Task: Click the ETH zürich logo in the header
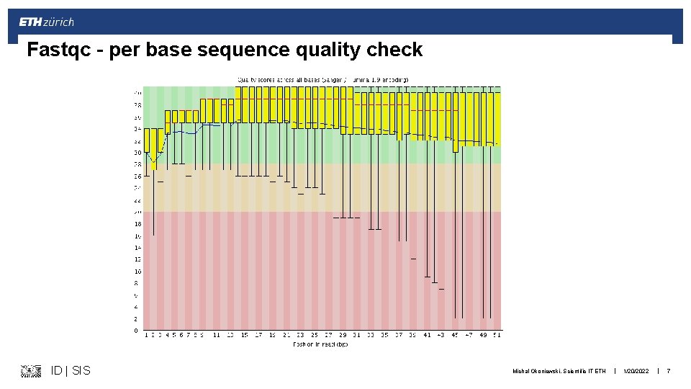coord(46,22)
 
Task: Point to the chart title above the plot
coord(323,79)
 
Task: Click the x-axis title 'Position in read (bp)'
coord(320,344)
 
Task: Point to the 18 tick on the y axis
coord(137,224)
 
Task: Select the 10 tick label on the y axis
coord(137,272)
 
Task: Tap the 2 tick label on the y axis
coord(137,318)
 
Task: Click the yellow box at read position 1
coord(147,140)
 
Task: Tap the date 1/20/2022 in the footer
coord(637,371)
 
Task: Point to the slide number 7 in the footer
coord(669,371)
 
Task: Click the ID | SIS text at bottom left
coord(71,370)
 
